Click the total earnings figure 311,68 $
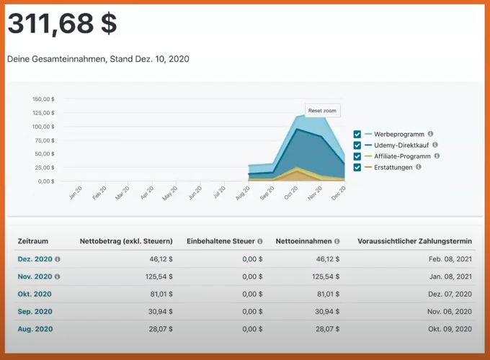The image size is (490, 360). click(x=62, y=24)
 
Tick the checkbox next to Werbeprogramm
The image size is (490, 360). click(x=357, y=134)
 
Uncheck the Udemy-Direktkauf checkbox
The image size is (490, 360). click(x=357, y=145)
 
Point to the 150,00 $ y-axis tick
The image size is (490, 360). click(x=43, y=99)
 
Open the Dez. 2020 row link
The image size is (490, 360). click(x=34, y=258)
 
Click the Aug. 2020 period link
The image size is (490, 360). click(x=35, y=328)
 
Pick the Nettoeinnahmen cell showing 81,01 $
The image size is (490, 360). click(x=321, y=294)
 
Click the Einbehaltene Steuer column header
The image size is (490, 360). click(x=220, y=240)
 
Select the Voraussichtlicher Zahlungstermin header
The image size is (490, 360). click(x=416, y=240)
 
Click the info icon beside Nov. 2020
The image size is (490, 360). click(x=58, y=276)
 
